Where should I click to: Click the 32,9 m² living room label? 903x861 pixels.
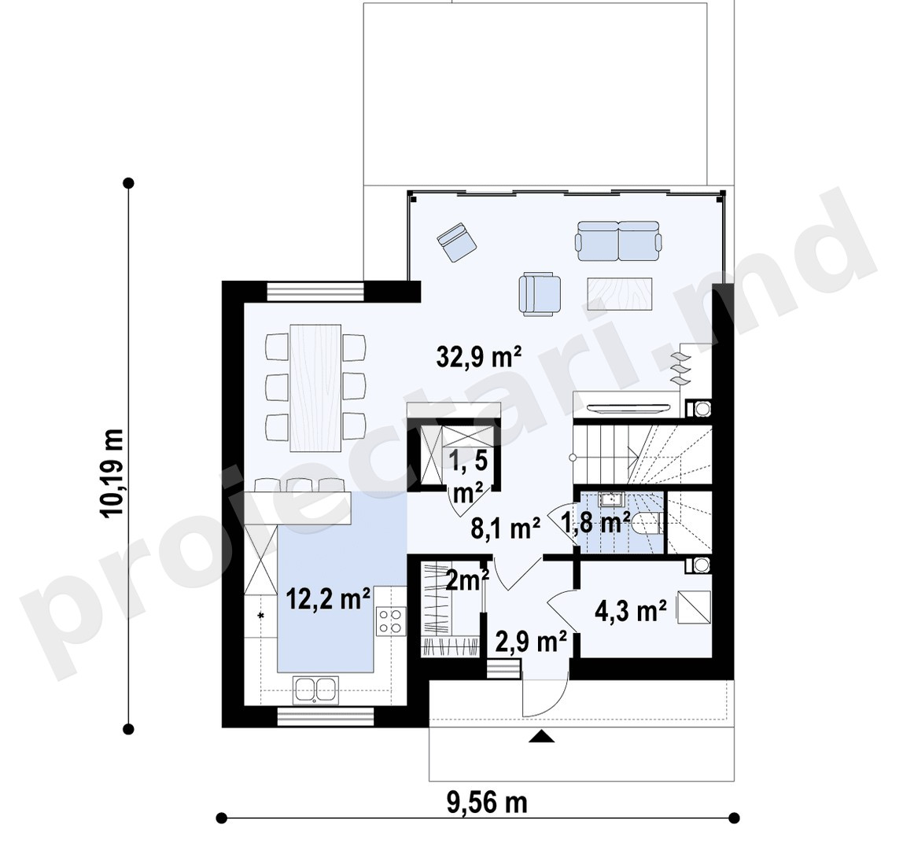pos(479,357)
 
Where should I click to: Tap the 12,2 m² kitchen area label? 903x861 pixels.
pos(328,599)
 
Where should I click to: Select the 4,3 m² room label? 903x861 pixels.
pos(631,612)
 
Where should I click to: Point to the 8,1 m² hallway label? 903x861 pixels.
pos(505,528)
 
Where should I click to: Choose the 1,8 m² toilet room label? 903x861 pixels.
pos(595,523)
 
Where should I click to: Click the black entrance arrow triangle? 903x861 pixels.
pos(540,736)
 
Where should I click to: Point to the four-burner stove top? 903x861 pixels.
pos(391,621)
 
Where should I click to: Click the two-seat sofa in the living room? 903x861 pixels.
pos(618,241)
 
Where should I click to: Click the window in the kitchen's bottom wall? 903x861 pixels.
pos(326,717)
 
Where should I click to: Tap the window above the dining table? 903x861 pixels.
pos(316,291)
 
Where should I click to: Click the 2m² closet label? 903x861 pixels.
pos(468,580)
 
